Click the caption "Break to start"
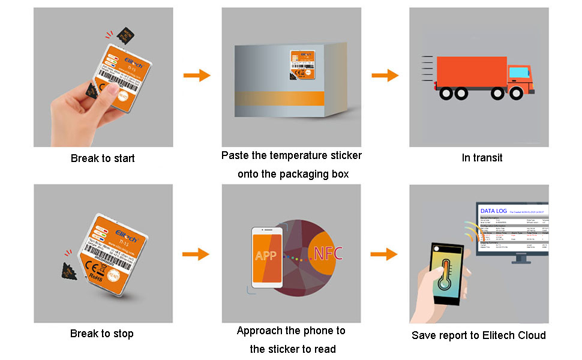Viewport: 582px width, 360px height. (x=103, y=158)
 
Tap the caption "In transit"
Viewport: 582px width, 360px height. (x=482, y=158)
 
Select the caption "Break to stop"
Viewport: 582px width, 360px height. (x=102, y=334)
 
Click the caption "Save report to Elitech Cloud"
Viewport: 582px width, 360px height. (x=479, y=335)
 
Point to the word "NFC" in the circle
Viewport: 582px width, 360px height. (x=328, y=253)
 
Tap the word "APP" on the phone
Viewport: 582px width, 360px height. (x=266, y=256)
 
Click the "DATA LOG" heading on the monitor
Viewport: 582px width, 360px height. (x=493, y=211)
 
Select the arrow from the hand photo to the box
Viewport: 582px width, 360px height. (x=196, y=76)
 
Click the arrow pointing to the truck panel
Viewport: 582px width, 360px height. (x=385, y=76)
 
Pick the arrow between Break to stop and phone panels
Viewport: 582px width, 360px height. (x=196, y=254)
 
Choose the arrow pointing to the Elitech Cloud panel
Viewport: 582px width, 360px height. (x=384, y=254)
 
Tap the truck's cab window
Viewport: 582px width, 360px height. (x=517, y=73)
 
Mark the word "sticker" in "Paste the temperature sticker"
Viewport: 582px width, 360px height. (x=346, y=155)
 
